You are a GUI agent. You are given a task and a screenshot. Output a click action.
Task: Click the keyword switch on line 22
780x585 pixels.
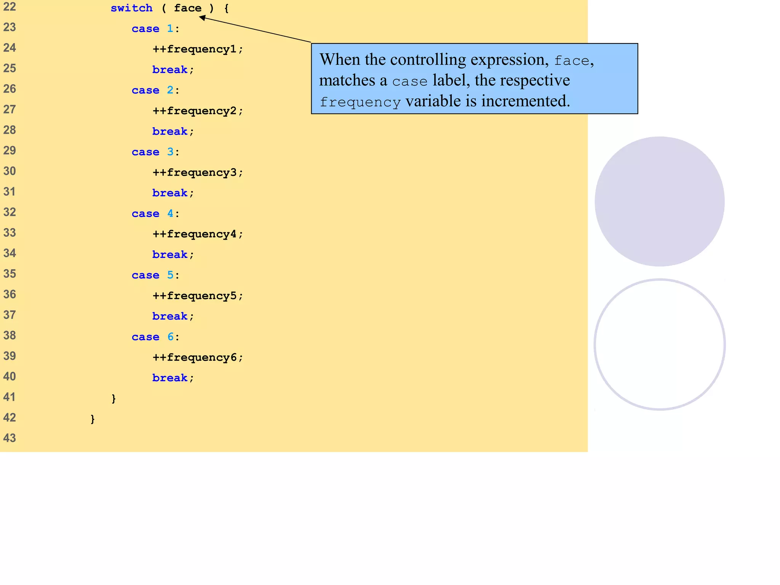pos(131,8)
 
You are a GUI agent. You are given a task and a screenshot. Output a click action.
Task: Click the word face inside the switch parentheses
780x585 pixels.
pos(187,8)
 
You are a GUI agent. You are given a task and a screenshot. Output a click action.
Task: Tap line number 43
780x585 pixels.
pos(10,438)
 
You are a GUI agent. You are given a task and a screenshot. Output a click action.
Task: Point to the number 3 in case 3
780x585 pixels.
pos(170,152)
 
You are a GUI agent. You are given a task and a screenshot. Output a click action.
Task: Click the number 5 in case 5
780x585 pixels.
pos(170,275)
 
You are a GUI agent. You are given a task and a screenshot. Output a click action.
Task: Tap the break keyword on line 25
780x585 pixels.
pos(170,70)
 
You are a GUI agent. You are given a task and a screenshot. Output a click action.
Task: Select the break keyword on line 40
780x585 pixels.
pos(170,378)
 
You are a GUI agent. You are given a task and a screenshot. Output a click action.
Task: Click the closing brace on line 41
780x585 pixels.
pos(113,398)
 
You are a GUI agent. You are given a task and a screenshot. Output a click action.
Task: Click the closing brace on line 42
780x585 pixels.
pos(93,419)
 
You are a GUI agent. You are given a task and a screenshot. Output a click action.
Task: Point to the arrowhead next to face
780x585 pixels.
pos(202,18)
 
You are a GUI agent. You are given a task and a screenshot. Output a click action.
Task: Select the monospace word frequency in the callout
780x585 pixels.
pos(360,102)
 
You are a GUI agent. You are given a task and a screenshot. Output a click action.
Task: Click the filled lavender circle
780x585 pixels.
pos(659,201)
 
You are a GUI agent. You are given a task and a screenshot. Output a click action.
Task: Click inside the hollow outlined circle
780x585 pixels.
pos(659,345)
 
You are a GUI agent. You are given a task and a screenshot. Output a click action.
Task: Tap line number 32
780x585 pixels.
pos(10,212)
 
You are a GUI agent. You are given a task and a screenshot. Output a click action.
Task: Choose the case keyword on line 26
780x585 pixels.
pos(145,90)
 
